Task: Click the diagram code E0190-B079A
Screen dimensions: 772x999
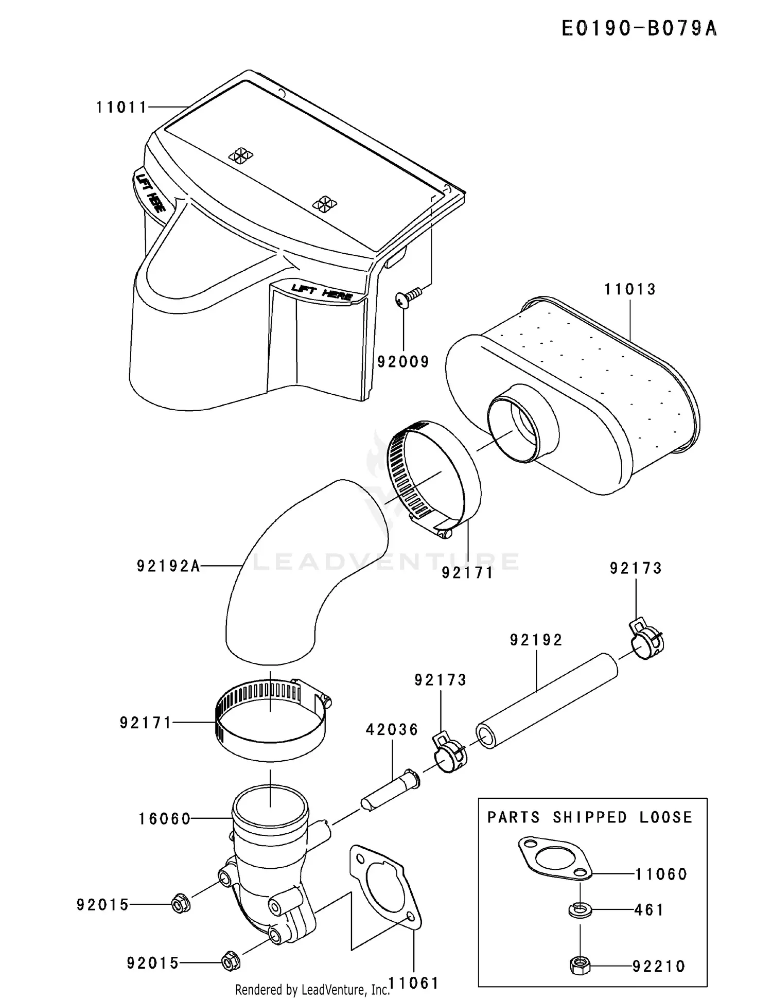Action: point(639,29)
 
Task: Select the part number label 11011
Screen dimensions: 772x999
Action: point(122,108)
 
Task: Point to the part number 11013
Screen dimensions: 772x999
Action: point(630,289)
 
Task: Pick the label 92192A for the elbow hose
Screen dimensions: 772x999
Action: point(168,566)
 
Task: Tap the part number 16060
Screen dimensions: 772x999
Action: point(165,819)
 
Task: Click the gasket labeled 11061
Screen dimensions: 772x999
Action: point(385,887)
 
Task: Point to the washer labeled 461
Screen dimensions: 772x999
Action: point(580,910)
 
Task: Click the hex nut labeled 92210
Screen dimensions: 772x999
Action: point(580,965)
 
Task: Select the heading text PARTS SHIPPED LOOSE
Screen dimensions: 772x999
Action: point(590,817)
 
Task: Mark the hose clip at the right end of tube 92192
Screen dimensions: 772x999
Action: point(646,638)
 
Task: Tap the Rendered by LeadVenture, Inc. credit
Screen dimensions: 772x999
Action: point(312,989)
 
